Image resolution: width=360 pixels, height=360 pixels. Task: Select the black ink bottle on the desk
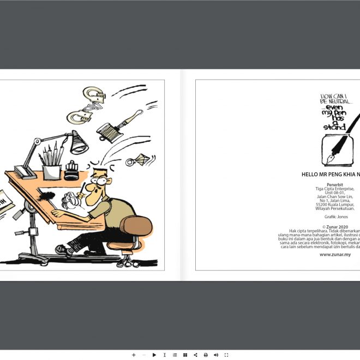coord(70,171)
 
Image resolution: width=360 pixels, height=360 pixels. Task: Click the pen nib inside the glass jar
coord(332,159)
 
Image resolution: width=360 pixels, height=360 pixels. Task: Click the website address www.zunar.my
coord(335,254)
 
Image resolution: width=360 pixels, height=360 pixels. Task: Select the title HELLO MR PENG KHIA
coord(330,175)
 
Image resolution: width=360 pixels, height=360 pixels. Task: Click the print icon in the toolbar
coord(206,355)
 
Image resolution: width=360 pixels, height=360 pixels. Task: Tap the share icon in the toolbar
coord(195,355)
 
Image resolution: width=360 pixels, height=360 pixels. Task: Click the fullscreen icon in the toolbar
coord(226,355)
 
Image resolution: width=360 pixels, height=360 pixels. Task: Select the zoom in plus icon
coord(134,355)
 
